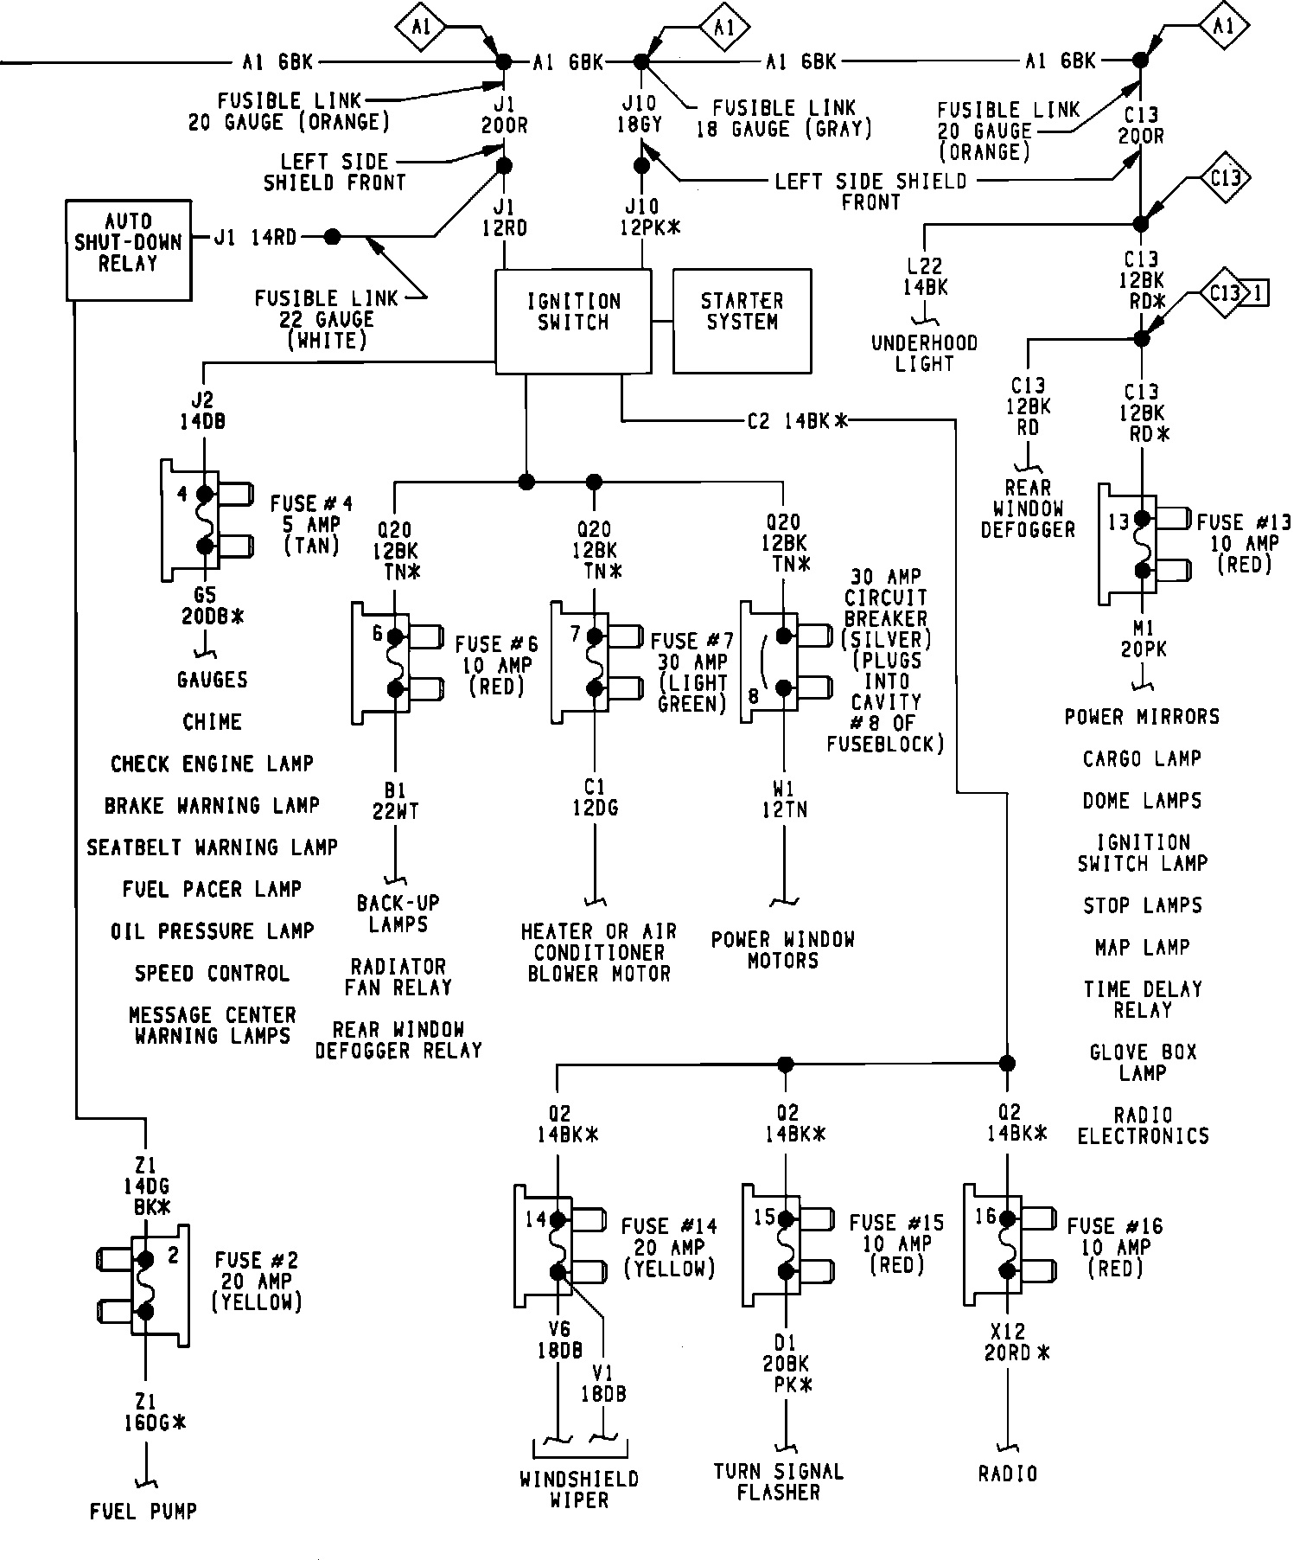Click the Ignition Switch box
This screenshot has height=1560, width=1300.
click(572, 320)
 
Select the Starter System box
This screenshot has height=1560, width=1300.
click(742, 320)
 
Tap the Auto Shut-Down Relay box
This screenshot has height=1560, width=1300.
click(128, 250)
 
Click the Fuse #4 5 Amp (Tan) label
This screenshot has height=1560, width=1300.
click(311, 524)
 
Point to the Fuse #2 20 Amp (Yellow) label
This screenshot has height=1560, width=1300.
click(257, 1281)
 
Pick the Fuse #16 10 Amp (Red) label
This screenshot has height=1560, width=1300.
click(1115, 1247)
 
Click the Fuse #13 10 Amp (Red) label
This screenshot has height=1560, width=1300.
click(1244, 543)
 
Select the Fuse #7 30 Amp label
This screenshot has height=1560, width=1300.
click(691, 671)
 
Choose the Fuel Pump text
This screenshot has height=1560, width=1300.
click(143, 1511)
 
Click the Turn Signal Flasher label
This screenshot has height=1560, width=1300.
click(778, 1481)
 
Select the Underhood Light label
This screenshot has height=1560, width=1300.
click(924, 353)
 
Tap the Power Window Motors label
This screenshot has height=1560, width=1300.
click(783, 949)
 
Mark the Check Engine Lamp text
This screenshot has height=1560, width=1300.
click(212, 764)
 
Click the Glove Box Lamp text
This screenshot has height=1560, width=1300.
click(1143, 1062)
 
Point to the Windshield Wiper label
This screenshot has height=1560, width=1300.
click(579, 1489)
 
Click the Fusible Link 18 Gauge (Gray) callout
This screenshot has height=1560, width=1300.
click(784, 118)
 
